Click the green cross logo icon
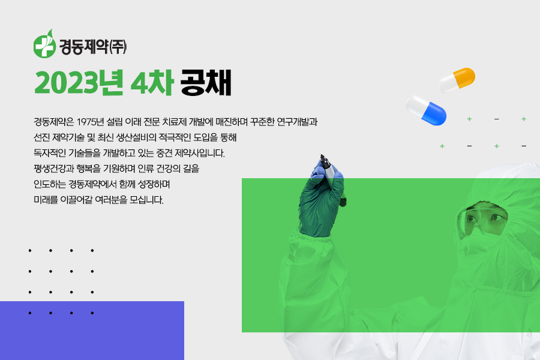coord(45,44)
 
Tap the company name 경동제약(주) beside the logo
coord(93,47)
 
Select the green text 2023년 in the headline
coord(79,83)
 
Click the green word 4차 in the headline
coord(152,83)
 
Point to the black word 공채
coord(206,83)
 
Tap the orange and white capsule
coord(457,80)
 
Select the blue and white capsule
coord(426,110)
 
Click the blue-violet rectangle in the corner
coord(92,331)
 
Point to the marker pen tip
coord(322,156)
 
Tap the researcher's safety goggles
coord(482,218)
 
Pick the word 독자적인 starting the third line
coord(50,153)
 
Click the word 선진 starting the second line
coord(41,137)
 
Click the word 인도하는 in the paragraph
coord(50,184)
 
